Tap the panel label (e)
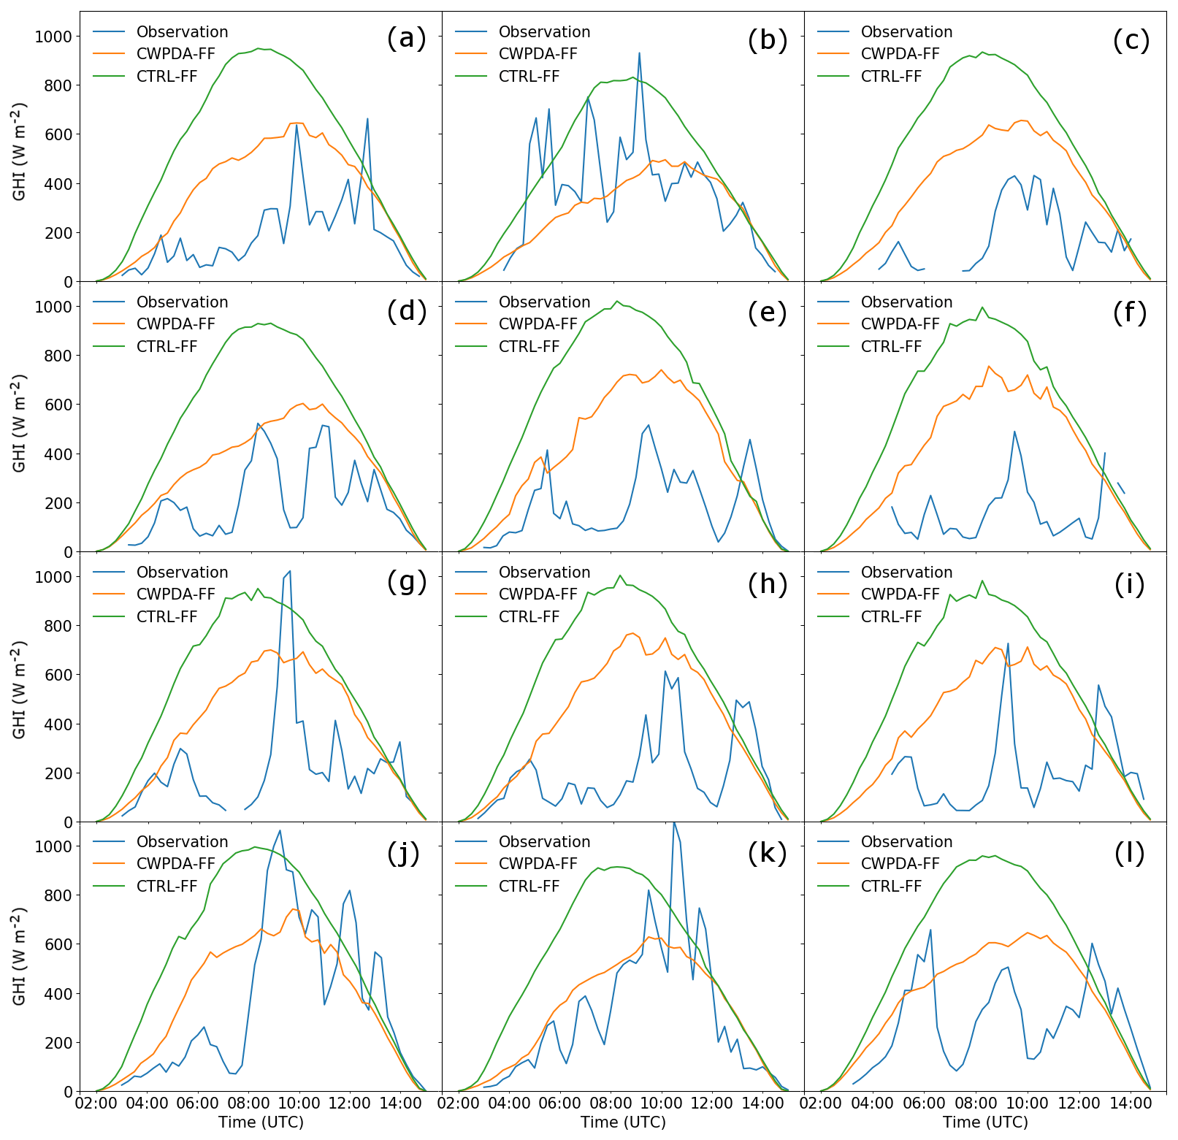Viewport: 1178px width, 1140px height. click(x=767, y=312)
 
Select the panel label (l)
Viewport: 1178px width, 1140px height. click(x=1130, y=852)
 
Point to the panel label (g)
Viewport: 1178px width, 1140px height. click(x=406, y=582)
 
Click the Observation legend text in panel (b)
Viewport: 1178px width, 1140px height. click(x=544, y=32)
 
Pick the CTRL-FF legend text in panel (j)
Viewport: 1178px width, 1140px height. click(x=167, y=886)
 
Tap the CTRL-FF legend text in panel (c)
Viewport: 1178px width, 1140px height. click(x=891, y=77)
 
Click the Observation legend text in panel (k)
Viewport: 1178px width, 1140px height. click(x=544, y=842)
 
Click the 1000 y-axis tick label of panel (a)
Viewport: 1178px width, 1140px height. click(x=53, y=37)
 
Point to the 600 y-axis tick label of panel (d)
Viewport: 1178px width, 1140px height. click(x=58, y=405)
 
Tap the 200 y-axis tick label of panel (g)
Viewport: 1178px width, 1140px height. click(x=58, y=773)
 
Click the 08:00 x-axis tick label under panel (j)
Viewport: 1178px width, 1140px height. click(x=248, y=1103)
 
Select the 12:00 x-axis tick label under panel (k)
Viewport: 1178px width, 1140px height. click(x=712, y=1103)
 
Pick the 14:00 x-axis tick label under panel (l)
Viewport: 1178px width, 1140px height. click(x=1130, y=1103)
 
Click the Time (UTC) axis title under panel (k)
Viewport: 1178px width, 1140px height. click(x=623, y=1122)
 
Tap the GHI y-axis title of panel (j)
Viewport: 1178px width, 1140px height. click(x=20, y=957)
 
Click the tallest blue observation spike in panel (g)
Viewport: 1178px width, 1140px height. click(x=290, y=571)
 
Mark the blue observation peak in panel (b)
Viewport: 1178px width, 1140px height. click(x=639, y=53)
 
